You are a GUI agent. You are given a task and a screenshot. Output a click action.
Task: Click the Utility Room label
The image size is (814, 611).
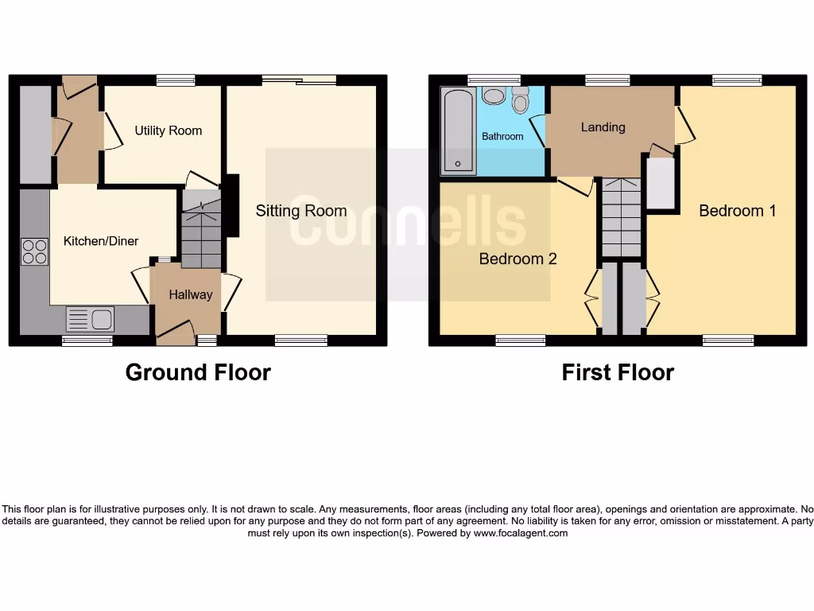click(168, 130)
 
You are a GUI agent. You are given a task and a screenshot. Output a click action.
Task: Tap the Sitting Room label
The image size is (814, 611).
click(300, 211)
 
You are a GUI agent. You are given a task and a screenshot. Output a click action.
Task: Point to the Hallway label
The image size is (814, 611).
click(191, 294)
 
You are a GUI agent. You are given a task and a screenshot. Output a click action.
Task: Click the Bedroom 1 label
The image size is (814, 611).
click(737, 211)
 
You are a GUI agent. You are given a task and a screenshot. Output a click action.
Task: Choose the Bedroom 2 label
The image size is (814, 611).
click(517, 259)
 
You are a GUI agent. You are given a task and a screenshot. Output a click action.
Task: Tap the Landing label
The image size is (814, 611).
click(603, 127)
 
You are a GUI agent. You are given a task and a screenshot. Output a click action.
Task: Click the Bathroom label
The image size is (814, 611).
click(502, 136)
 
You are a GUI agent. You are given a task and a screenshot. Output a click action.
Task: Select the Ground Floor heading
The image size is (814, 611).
click(198, 372)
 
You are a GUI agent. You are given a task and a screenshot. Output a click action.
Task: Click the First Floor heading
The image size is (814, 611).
click(618, 372)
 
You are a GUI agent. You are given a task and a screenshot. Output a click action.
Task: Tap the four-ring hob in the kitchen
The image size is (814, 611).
click(34, 251)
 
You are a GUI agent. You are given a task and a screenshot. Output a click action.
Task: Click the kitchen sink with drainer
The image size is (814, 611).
click(90, 320)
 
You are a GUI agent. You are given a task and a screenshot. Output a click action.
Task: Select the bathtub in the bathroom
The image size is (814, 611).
click(459, 130)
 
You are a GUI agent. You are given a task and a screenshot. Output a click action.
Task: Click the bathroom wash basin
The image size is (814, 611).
click(494, 96)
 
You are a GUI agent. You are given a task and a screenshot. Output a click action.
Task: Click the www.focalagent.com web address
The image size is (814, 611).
click(521, 533)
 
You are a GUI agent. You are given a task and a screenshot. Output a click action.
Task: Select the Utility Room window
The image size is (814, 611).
click(176, 80)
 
